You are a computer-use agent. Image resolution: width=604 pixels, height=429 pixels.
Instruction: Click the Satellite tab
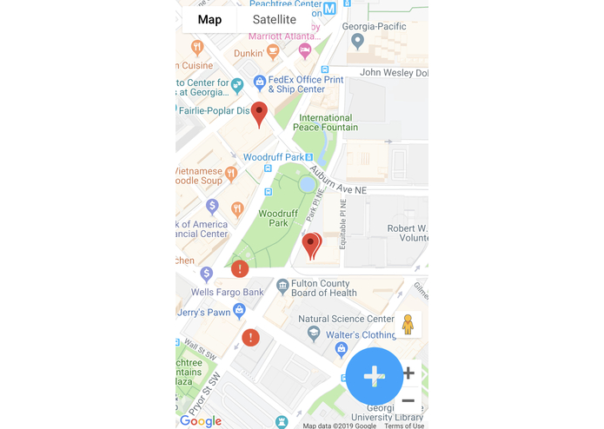(x=274, y=19)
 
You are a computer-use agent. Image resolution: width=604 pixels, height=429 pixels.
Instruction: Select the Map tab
(x=209, y=19)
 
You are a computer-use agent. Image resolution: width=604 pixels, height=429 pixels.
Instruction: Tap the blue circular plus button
(x=374, y=376)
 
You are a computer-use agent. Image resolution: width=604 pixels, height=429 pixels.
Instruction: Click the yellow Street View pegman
(x=408, y=324)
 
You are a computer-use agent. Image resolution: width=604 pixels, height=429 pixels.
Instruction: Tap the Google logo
(x=201, y=421)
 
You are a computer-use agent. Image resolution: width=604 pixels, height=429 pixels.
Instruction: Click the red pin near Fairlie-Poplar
(x=259, y=114)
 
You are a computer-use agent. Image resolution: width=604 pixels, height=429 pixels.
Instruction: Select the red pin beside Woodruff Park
(x=311, y=246)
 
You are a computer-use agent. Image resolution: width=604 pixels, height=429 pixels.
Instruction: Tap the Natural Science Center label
(x=338, y=319)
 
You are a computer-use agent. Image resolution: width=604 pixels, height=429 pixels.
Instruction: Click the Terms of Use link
(x=404, y=426)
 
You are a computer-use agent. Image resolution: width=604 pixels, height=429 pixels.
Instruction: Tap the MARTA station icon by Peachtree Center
(x=329, y=9)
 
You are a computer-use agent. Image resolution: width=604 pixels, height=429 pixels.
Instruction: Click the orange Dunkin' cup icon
(x=273, y=52)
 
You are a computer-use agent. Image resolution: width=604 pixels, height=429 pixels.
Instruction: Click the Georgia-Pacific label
(x=375, y=26)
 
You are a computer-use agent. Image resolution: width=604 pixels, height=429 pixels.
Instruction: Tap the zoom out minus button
(x=408, y=400)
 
